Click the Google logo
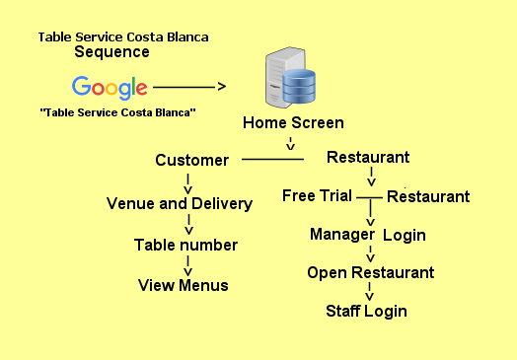110,88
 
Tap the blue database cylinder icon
299,86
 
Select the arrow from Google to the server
189,87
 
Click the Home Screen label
293,122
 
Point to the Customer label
191,160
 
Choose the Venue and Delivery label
180,204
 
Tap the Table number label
185,245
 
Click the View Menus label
183,285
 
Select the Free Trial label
317,195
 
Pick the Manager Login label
368,235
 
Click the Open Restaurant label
371,273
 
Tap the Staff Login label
366,312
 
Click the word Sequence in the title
111,52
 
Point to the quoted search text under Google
117,112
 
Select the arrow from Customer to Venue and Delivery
187,184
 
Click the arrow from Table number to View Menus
187,266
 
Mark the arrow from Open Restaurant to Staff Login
370,291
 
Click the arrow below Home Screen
290,144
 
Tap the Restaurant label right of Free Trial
428,197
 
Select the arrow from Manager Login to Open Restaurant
370,253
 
